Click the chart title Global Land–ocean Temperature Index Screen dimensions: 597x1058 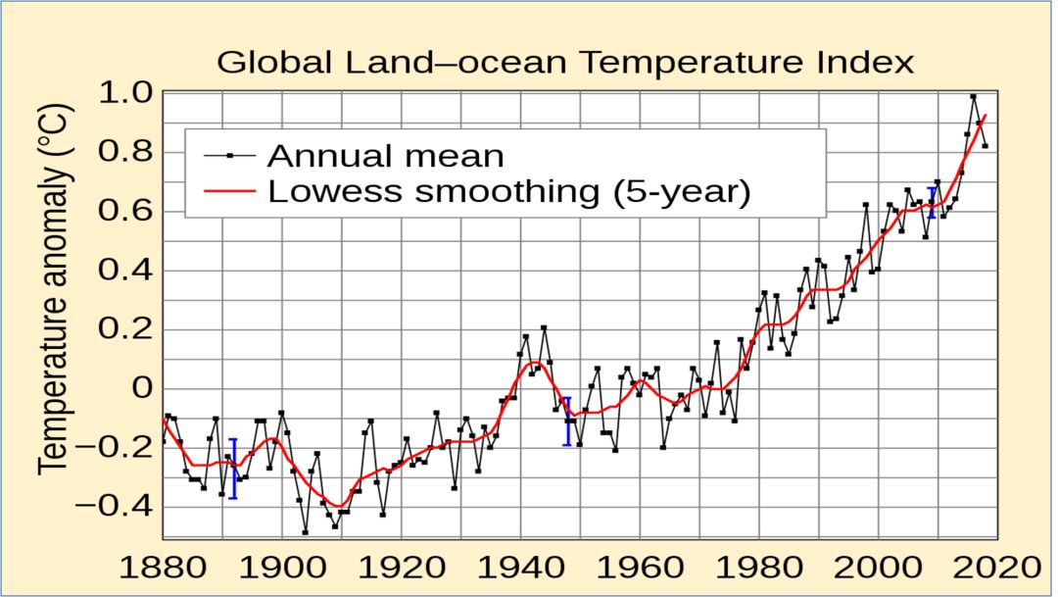pos(565,63)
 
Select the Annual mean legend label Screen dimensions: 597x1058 pos(385,155)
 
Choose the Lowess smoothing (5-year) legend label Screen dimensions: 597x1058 pos(508,191)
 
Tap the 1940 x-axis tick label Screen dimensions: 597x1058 pos(519,569)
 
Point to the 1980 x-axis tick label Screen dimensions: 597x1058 pos(758,569)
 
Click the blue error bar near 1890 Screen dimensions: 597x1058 pos(233,469)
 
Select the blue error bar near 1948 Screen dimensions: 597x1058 pos(567,422)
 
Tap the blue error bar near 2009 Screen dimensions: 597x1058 pos(932,202)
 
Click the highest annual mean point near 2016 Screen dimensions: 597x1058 pos(973,96)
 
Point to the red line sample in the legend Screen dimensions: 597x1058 pos(229,191)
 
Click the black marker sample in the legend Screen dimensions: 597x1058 pos(229,155)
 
